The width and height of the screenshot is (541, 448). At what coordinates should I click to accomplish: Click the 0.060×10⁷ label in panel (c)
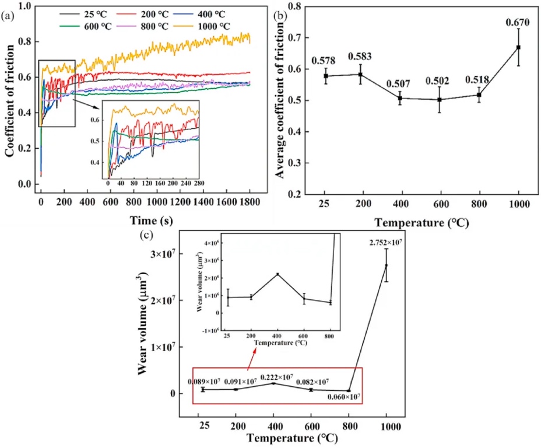[343, 398]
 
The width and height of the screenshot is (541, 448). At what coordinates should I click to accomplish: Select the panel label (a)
[8, 16]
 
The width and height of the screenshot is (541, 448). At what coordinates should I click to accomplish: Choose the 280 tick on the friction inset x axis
[196, 183]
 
